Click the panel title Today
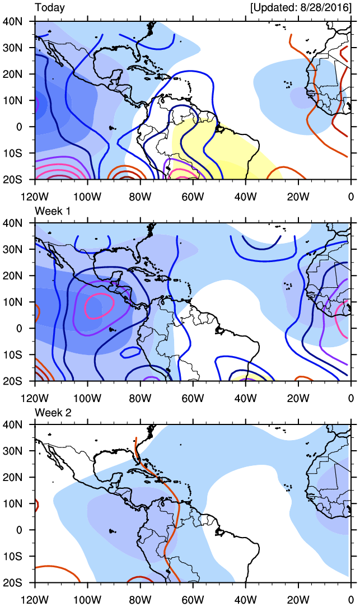(50, 8)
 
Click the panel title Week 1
(52, 209)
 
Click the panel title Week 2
(52, 412)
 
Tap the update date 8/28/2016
(325, 8)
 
